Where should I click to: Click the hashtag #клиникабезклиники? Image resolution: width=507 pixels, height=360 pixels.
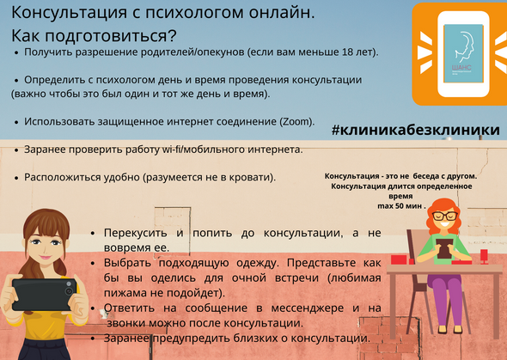[416, 130]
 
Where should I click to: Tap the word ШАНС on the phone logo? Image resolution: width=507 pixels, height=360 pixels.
[462, 68]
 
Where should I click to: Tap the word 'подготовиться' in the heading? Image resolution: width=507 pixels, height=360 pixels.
[107, 36]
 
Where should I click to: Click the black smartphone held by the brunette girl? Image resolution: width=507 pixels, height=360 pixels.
[45, 295]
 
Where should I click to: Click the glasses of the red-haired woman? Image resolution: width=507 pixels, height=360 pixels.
[446, 217]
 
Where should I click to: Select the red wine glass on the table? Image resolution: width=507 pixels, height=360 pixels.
[484, 257]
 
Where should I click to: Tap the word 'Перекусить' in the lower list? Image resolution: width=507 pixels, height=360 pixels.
[136, 234]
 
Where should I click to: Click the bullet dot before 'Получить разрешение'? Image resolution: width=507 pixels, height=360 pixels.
[16, 52]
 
